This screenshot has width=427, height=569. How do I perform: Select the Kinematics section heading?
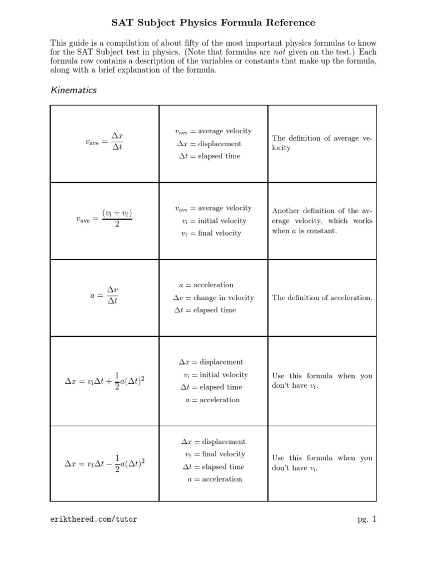73,90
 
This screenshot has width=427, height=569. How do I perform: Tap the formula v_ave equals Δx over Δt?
105,142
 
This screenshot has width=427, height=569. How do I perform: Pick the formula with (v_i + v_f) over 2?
105,219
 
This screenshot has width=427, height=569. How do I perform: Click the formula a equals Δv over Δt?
105,296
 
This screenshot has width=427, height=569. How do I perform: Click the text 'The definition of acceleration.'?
322,298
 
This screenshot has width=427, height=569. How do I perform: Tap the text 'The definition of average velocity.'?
322,143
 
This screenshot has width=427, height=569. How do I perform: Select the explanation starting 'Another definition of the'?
322,221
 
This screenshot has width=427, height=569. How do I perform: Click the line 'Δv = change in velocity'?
213,298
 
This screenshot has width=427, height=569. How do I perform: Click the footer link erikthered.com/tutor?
93,520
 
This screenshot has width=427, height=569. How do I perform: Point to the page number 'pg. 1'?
367,520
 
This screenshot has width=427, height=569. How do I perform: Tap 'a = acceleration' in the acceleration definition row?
206,285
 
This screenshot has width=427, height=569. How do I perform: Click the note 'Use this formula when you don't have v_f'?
322,381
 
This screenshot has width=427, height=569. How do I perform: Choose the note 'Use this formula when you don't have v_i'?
322,463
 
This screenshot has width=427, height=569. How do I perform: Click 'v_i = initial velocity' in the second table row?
213,221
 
